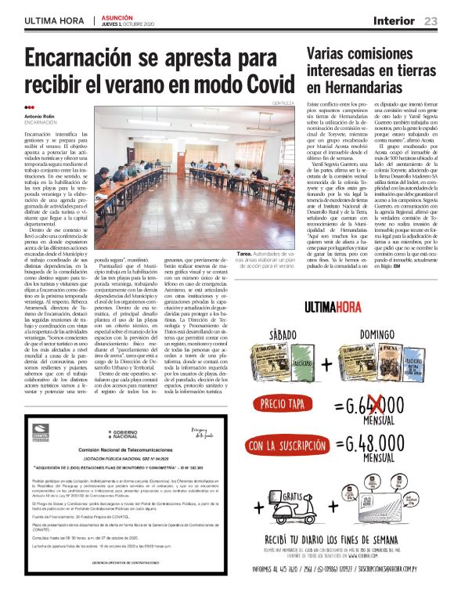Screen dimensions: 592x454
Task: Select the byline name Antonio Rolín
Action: pyautogui.click(x=41, y=117)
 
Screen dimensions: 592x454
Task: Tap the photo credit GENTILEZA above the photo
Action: pyautogui.click(x=284, y=103)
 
